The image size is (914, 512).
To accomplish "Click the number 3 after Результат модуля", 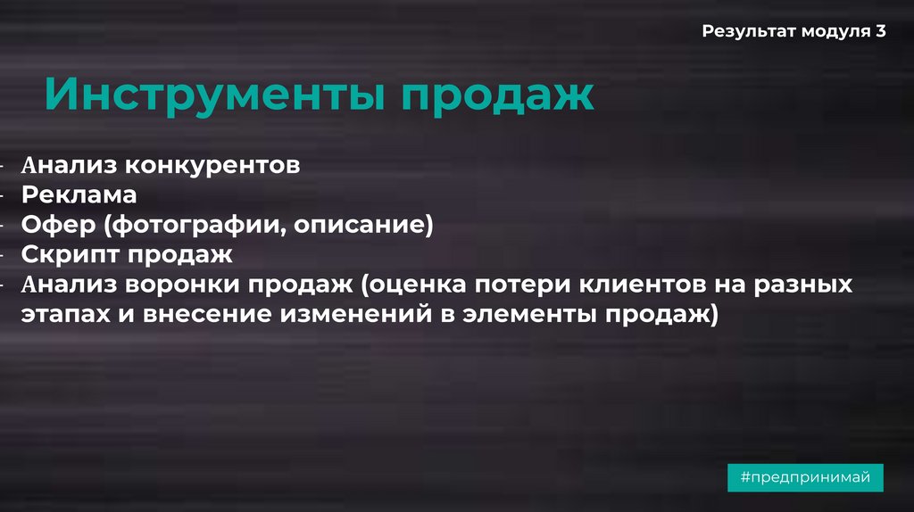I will point(881,31).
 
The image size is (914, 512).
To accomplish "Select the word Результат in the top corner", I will point(748,32).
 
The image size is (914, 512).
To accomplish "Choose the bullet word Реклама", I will point(79,194).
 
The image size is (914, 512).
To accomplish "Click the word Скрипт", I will point(69,254).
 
